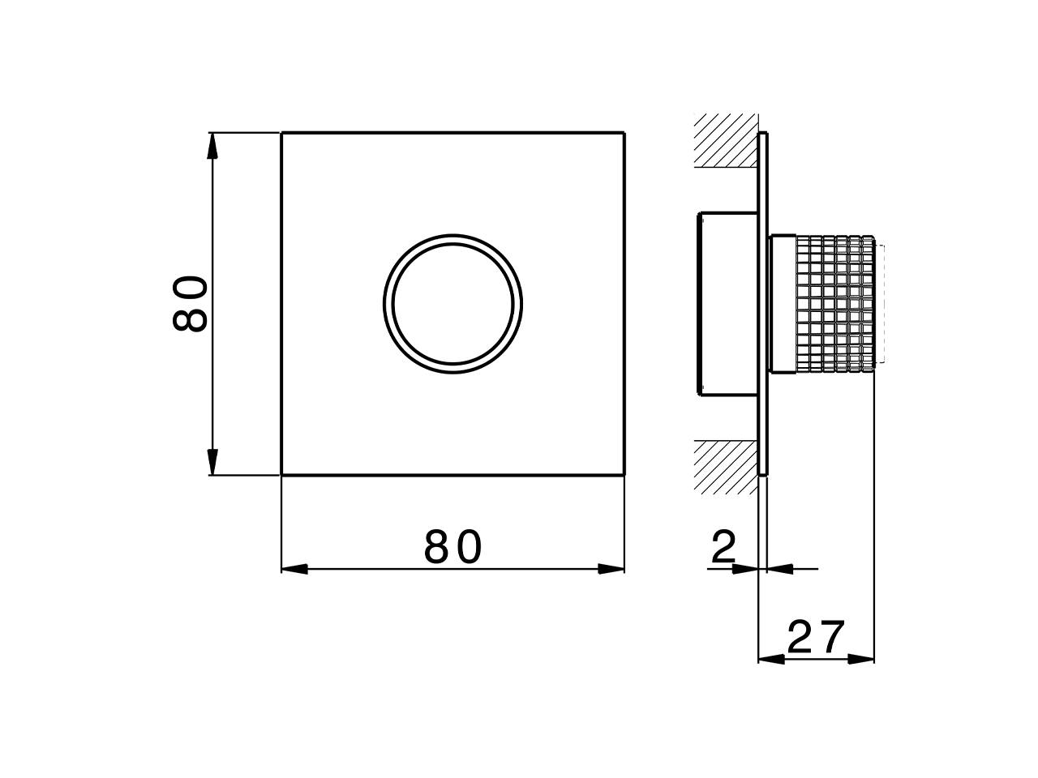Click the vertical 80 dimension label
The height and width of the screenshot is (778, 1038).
191,303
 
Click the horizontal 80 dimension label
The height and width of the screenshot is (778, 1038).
453,548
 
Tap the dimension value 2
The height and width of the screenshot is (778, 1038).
723,548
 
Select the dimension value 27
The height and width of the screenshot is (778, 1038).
817,638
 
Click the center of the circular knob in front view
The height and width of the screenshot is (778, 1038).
453,304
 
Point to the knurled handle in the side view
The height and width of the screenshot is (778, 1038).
835,304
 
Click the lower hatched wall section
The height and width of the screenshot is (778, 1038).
725,466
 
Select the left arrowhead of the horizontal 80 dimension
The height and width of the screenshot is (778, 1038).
294,569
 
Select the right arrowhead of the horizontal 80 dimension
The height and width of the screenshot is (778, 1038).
611,569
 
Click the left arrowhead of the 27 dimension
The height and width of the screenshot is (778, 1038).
771,659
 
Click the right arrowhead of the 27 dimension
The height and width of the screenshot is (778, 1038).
861,659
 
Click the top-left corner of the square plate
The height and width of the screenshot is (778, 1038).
281,132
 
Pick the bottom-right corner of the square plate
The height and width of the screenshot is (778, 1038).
624,475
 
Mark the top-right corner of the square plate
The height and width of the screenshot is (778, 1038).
624,132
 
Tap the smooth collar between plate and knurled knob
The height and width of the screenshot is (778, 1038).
783,304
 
